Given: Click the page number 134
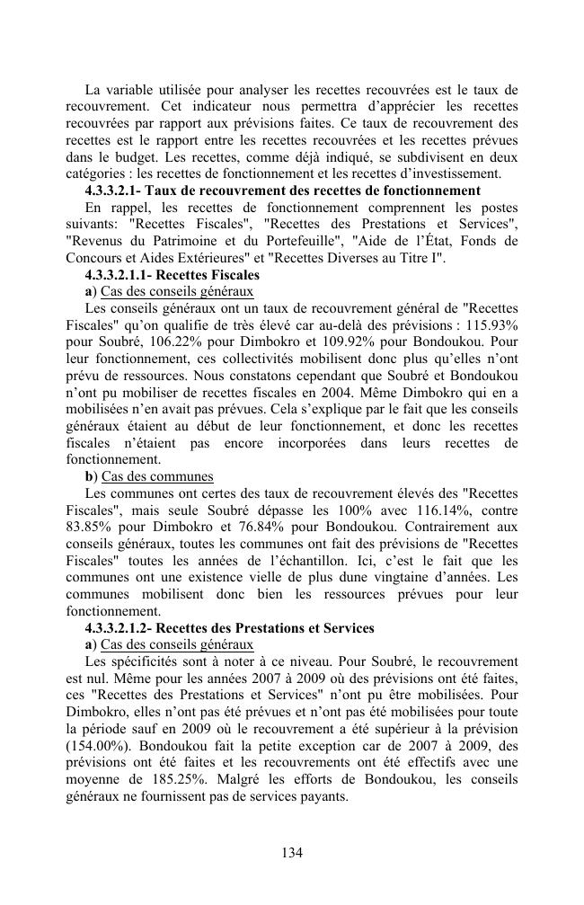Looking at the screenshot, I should [291, 853].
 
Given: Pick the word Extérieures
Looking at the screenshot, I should [181, 259].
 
